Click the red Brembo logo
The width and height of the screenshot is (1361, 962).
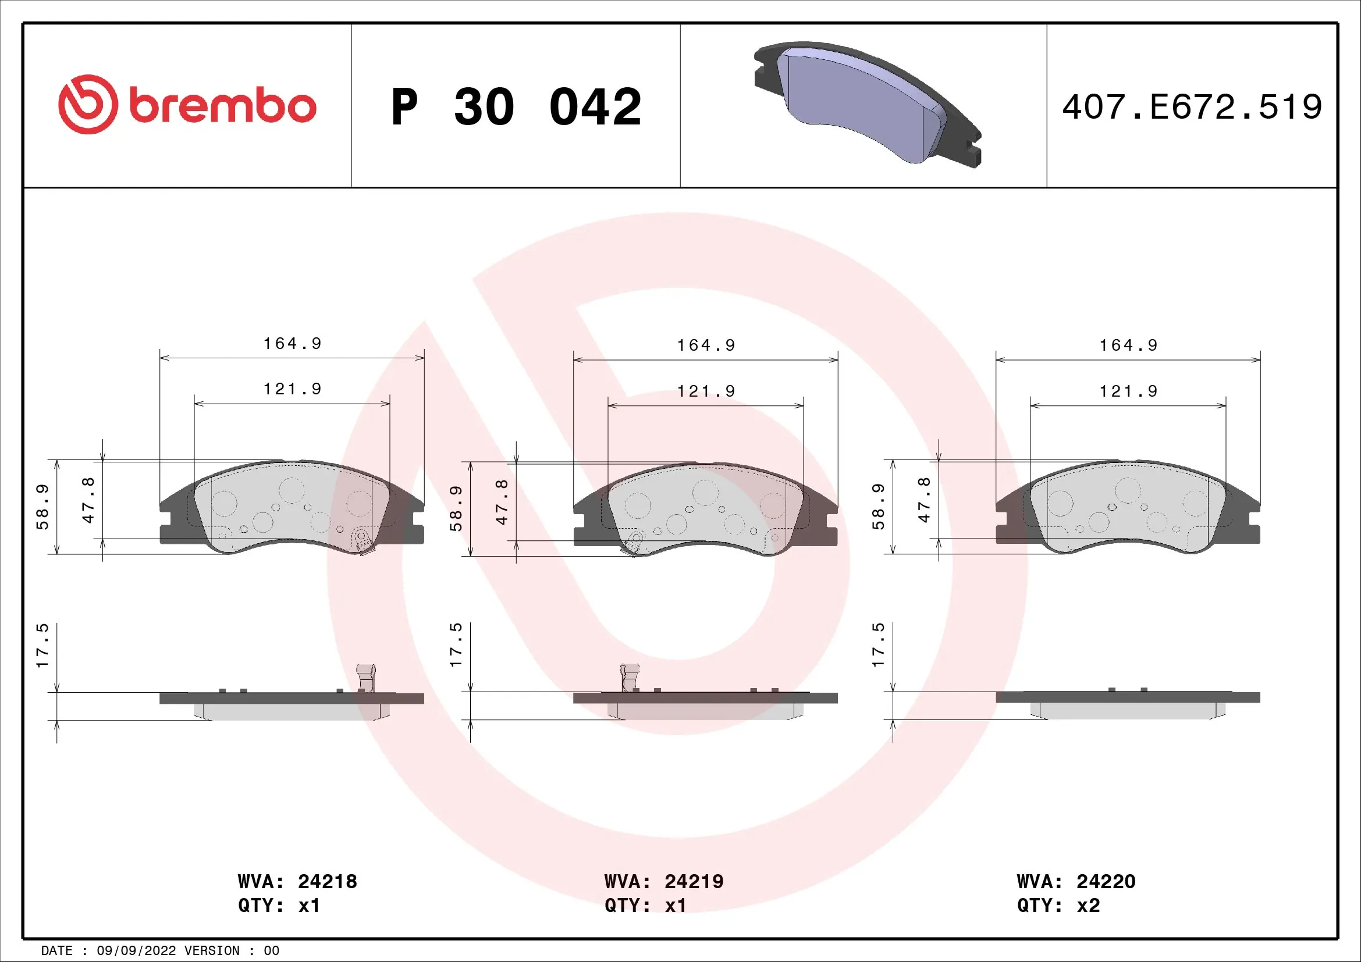(x=187, y=105)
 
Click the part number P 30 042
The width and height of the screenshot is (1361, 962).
(x=516, y=107)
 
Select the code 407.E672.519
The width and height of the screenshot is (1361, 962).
(x=1192, y=107)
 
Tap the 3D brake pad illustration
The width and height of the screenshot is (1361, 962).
(x=866, y=104)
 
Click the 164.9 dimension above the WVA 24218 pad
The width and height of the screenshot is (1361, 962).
(x=292, y=344)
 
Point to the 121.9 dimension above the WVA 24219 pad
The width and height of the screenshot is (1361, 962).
(x=706, y=391)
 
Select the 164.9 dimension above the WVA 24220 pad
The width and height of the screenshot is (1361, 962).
(x=1128, y=345)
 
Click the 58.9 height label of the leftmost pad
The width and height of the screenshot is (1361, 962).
(x=42, y=507)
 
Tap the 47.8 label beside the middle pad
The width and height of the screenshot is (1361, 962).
(x=502, y=502)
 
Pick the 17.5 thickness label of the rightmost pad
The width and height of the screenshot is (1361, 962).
(x=878, y=645)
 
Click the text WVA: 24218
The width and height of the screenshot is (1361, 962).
(x=297, y=881)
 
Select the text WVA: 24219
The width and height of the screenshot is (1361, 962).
(x=663, y=881)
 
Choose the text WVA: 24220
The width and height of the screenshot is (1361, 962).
(x=1075, y=881)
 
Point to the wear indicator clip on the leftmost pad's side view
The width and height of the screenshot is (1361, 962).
(x=366, y=677)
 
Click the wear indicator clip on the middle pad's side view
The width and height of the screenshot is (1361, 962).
(x=630, y=676)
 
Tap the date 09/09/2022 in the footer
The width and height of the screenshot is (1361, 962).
(x=136, y=951)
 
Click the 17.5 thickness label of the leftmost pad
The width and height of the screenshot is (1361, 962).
(x=42, y=646)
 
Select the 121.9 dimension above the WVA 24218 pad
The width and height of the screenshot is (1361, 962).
(x=292, y=389)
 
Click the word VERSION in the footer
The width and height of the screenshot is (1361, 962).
(x=212, y=951)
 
